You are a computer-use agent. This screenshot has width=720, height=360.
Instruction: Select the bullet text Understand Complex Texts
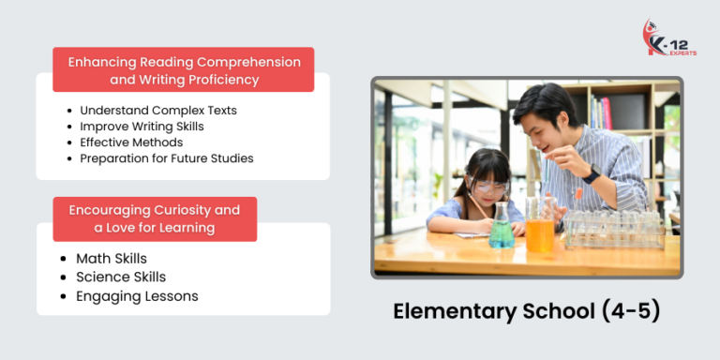157,111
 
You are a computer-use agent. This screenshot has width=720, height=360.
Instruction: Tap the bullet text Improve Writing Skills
142,127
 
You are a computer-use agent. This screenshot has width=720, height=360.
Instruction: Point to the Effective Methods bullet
131,142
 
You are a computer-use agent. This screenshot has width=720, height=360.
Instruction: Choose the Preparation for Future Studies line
166,158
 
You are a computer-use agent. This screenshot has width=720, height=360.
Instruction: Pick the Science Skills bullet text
121,277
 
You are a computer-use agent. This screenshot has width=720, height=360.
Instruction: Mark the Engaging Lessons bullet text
137,297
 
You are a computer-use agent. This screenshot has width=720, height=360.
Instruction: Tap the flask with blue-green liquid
502,231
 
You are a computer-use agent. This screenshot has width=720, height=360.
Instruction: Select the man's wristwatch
591,175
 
